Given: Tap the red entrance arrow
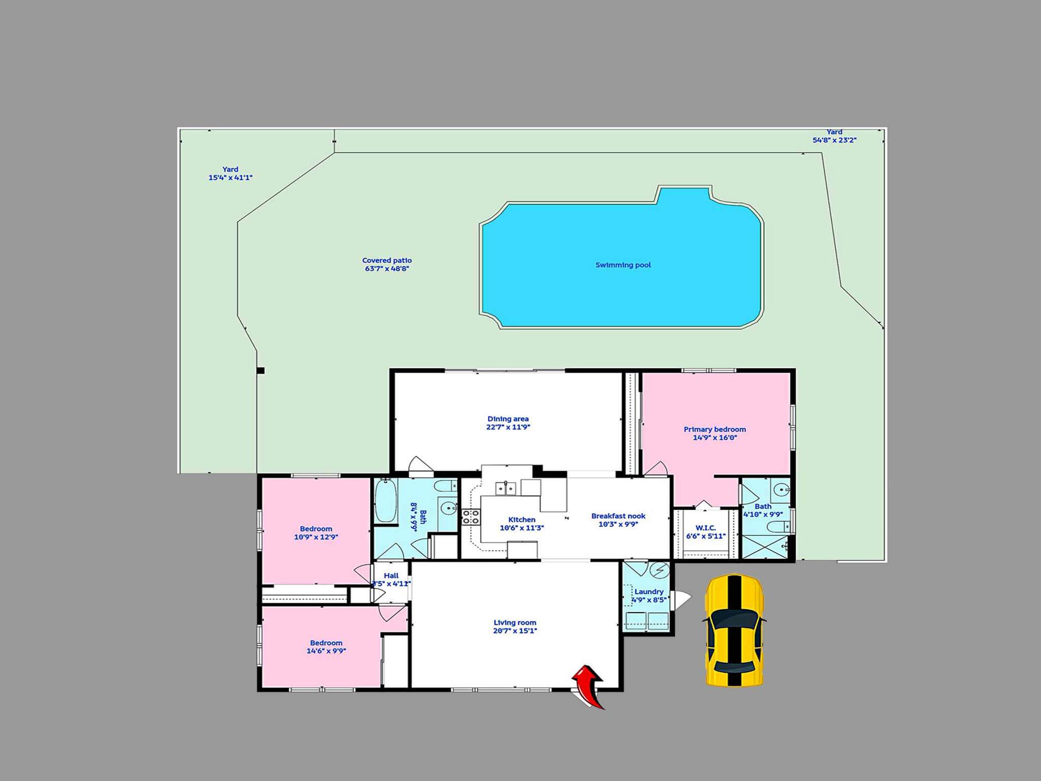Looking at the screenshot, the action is pyautogui.click(x=590, y=686).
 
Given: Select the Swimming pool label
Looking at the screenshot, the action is pyautogui.click(x=623, y=265).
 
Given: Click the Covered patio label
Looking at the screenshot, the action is pyautogui.click(x=387, y=260).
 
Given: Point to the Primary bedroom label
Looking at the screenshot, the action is pyautogui.click(x=715, y=429).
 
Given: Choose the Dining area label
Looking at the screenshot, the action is pyautogui.click(x=508, y=419).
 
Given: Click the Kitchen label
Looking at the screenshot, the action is pyautogui.click(x=522, y=520).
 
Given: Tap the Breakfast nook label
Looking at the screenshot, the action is pyautogui.click(x=618, y=516).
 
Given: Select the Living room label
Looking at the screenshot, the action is pyautogui.click(x=515, y=622).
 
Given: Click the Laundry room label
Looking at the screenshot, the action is pyautogui.click(x=649, y=592).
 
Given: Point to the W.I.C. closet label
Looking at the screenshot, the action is pyautogui.click(x=706, y=528).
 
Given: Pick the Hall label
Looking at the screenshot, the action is pyautogui.click(x=391, y=576).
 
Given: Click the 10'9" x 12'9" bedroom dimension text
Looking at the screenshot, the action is pyautogui.click(x=316, y=537).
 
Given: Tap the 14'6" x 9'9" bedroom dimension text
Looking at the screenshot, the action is pyautogui.click(x=326, y=651).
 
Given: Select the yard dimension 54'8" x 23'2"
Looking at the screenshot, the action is pyautogui.click(x=834, y=140).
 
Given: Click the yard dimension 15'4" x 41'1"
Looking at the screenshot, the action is pyautogui.click(x=230, y=178).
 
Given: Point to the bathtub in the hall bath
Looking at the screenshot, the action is pyautogui.click(x=386, y=500).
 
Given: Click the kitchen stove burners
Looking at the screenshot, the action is pyautogui.click(x=471, y=517).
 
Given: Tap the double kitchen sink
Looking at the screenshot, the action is pyautogui.click(x=506, y=488).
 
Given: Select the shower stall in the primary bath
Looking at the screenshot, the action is pyautogui.click(x=766, y=547).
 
